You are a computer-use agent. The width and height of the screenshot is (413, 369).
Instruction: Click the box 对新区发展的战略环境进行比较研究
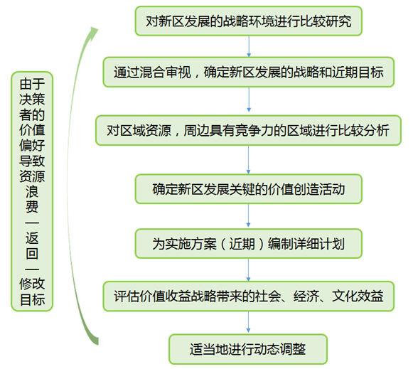coord(248,21)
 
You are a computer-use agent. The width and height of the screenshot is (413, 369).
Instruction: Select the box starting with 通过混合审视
coord(248,72)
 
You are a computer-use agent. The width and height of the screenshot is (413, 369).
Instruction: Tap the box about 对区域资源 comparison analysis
coord(248,130)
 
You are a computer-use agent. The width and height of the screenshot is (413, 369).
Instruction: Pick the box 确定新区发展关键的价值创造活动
coord(248,189)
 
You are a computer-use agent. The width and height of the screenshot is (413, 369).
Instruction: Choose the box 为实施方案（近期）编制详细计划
coord(248,243)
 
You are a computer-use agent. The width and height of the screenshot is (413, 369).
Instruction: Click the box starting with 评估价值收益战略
coord(248,296)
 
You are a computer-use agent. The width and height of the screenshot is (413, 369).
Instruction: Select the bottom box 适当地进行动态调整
coord(248,349)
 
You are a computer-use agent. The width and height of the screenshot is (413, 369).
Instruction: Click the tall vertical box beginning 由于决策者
coord(32,191)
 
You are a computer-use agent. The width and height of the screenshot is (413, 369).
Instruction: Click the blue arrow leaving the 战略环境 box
coord(249,46)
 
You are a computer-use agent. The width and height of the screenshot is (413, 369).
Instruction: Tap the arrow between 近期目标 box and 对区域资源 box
coord(249,100)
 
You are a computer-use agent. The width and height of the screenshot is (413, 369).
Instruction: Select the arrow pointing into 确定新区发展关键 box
coord(248,159)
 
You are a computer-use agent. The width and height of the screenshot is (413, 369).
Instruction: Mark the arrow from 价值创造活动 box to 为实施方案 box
coord(248,215)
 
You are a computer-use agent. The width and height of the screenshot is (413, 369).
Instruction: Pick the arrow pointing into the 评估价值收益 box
coord(248,269)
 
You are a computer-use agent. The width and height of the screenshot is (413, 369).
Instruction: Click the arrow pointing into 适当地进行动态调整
coord(248,322)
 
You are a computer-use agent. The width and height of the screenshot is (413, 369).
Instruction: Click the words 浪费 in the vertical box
coord(32,199)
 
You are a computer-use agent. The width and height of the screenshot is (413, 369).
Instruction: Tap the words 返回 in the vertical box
coord(32,246)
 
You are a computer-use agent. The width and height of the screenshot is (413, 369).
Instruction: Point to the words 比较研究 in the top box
coord(326,21)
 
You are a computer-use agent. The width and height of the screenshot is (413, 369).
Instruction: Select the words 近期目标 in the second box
coord(358,73)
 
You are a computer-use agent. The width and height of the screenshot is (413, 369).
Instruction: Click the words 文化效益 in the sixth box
coord(358,296)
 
